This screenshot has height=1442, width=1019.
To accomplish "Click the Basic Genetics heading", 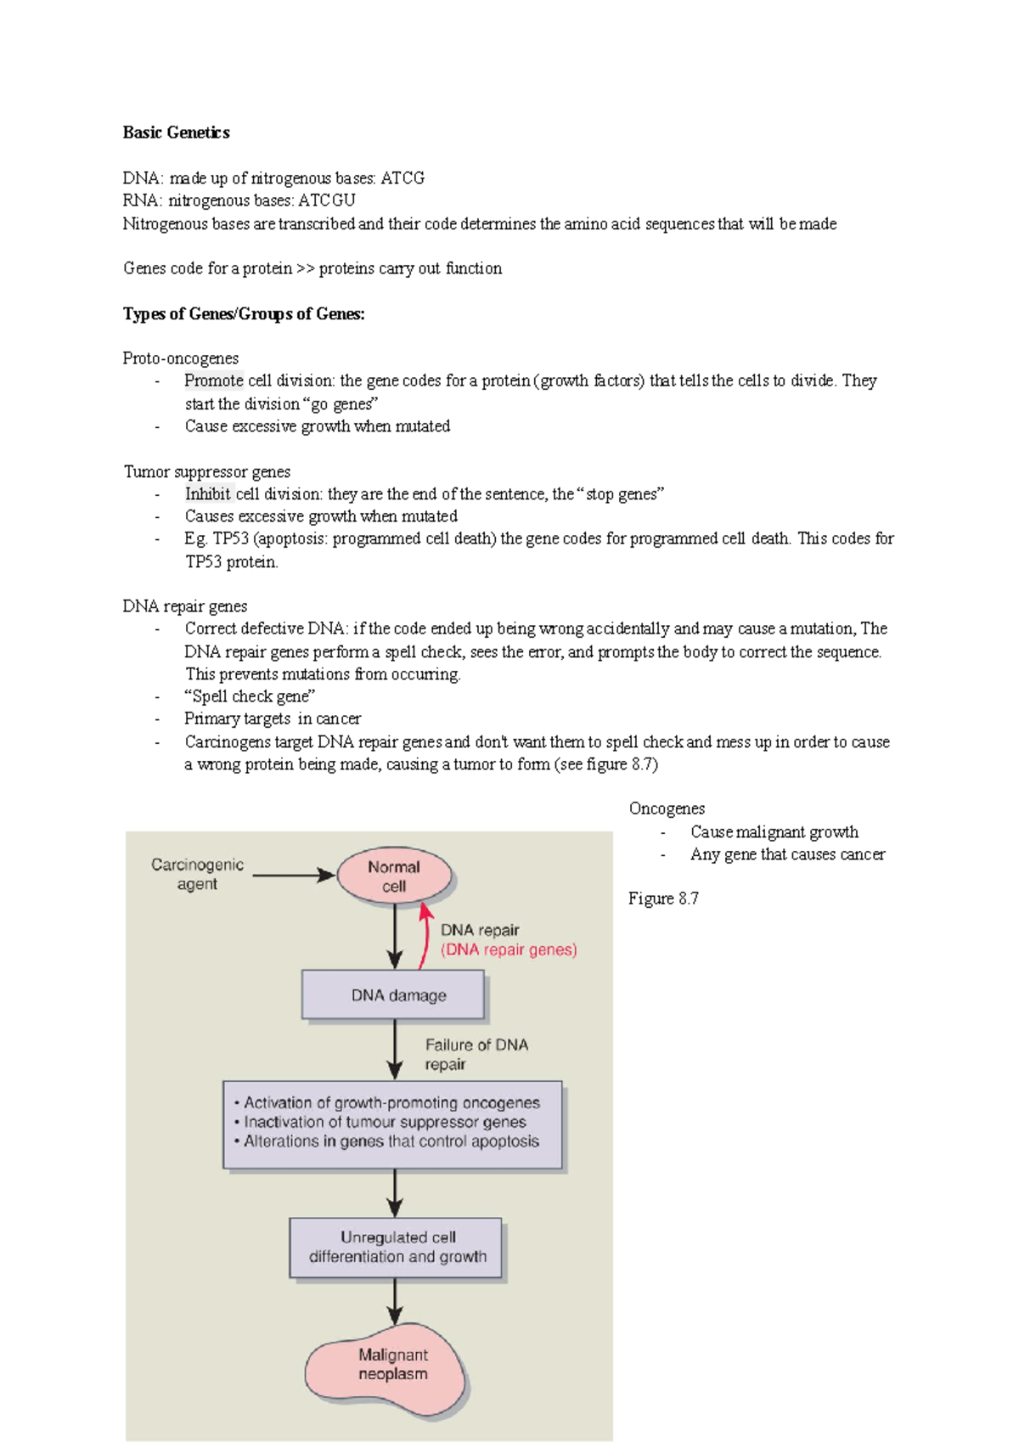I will coord(176,132).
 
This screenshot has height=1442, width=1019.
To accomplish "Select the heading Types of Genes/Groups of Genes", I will coord(244,314).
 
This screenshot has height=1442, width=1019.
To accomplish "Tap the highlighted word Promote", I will coord(214,380).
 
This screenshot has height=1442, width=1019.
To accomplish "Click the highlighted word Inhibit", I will coord(208,493).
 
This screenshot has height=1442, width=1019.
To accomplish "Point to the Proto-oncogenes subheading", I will coord(180,358).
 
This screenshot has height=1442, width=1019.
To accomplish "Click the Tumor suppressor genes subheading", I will coord(207,471).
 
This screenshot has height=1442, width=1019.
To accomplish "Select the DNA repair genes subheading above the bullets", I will coord(185,606).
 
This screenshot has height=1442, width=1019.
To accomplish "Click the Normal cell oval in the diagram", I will coord(394,876).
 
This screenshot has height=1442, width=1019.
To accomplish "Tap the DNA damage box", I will coord(394,995).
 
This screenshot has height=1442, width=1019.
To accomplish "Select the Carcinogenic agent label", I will coord(197,875).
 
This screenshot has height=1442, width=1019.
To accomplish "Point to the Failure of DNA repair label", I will coord(476,1054).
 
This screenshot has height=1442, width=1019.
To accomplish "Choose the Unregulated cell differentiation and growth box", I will coord(397,1248).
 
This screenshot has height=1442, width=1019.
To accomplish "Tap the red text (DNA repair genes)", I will coord(509,950).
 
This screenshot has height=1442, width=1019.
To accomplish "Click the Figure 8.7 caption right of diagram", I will coord(663,898).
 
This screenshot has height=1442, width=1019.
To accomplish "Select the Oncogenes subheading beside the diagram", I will coord(667,808).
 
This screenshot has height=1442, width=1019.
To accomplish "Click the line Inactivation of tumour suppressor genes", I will coord(385,1122).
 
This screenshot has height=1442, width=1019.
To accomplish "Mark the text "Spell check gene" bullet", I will coord(250,696).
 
